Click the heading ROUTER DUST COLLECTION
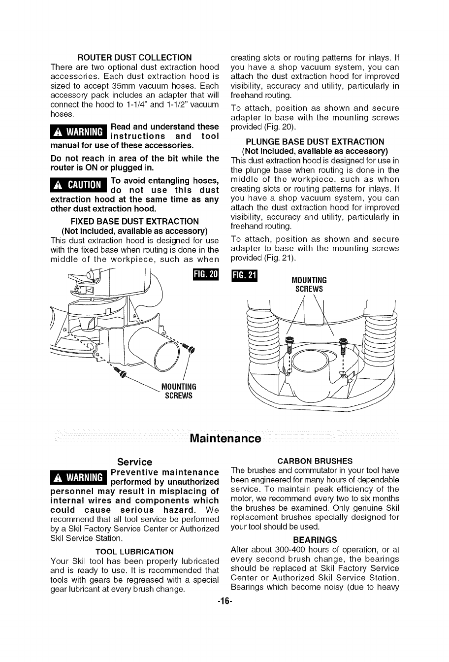click(x=134, y=58)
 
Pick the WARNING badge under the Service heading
click(x=79, y=477)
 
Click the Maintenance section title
click(x=225, y=438)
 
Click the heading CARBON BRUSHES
click(x=315, y=461)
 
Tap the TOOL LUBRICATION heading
click(x=134, y=551)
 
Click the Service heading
click(x=134, y=462)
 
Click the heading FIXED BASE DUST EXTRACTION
click(x=134, y=221)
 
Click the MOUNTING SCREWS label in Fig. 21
click(x=309, y=285)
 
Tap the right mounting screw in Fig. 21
click(x=343, y=341)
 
